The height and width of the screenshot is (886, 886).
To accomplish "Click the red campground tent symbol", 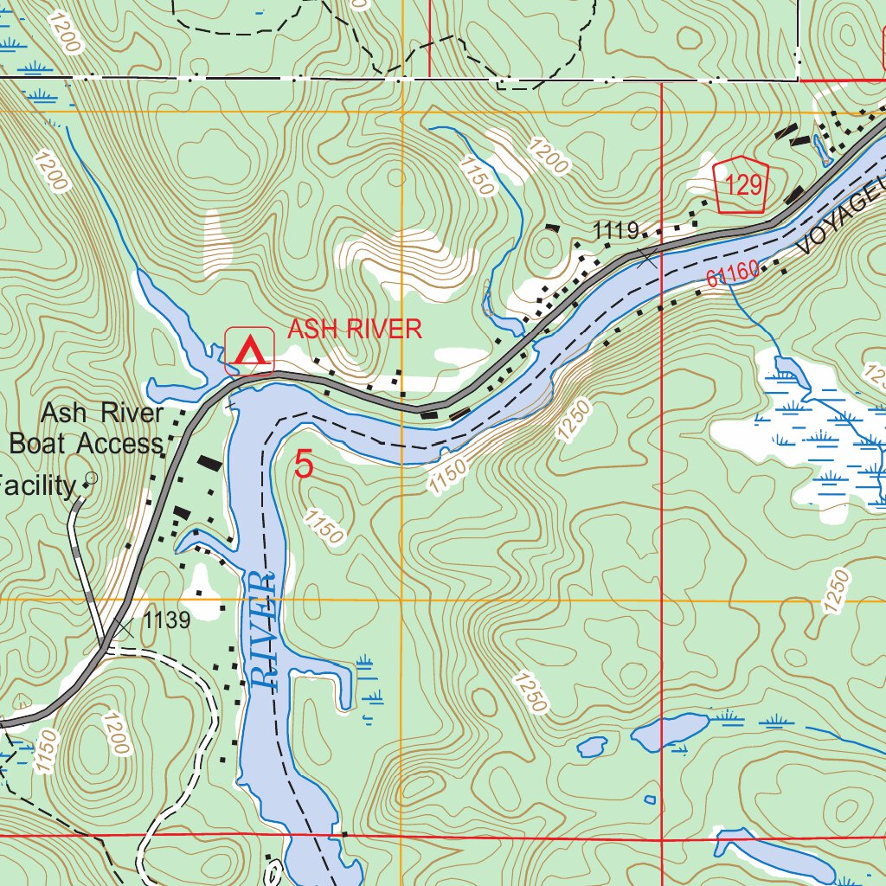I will [x=249, y=352].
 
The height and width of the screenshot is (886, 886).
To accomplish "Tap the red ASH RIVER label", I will [x=354, y=329].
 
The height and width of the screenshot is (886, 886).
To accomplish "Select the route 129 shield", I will [x=742, y=183].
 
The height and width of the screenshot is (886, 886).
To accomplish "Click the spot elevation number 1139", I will [x=166, y=620].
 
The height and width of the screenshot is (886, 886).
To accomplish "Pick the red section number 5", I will [x=304, y=465].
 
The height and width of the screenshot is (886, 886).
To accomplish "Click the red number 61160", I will [x=732, y=273].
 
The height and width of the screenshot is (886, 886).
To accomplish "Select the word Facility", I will [x=38, y=485].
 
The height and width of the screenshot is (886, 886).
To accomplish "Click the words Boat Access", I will [x=86, y=444].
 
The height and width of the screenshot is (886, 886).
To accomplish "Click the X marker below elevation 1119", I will [x=647, y=255].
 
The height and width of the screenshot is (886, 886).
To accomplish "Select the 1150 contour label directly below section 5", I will [x=324, y=526].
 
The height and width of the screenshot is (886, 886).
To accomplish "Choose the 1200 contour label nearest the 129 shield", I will [x=550, y=158].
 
